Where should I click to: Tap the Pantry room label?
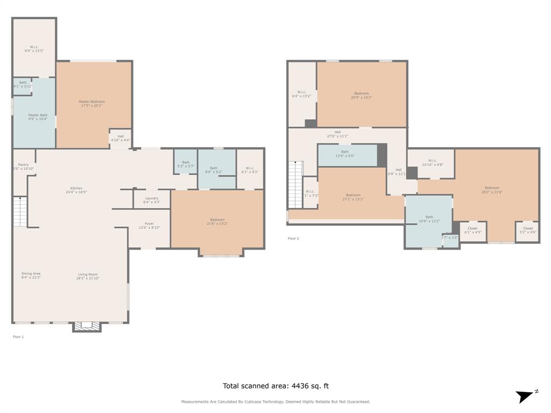(x=23, y=167)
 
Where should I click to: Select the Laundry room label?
(x=152, y=200)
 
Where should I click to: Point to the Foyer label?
(x=149, y=226)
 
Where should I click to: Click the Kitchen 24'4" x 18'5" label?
(x=76, y=190)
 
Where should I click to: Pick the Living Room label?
(x=87, y=276)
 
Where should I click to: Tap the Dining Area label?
(x=31, y=275)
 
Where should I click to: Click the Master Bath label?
(x=38, y=117)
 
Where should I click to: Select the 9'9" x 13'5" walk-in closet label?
(x=34, y=48)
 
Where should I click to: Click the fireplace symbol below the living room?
(x=87, y=325)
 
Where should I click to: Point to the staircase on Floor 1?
(x=20, y=212)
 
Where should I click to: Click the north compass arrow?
(x=525, y=396)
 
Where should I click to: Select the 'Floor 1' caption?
(x=18, y=337)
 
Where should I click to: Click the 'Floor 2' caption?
(x=293, y=238)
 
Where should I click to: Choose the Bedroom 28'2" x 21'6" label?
(x=491, y=190)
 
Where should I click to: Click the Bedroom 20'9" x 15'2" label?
(x=361, y=95)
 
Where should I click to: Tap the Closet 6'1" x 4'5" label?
(x=472, y=230)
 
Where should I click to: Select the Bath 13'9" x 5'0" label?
(x=345, y=154)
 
